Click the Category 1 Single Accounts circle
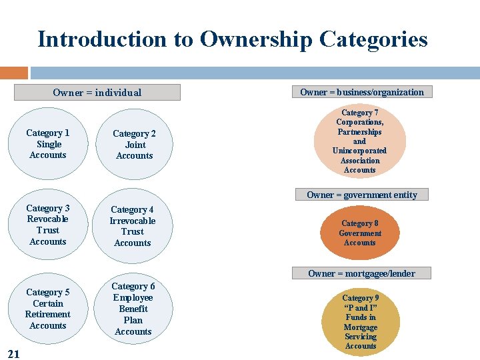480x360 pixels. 48,144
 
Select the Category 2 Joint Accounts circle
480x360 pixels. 134,145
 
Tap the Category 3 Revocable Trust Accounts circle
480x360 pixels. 48,225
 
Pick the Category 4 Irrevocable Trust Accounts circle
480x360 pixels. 133,226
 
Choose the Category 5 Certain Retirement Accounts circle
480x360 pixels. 48,309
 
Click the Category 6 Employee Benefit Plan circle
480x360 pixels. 133,309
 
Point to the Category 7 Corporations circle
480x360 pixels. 360,141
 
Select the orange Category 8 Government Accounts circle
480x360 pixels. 360,233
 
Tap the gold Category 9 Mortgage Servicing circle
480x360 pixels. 361,322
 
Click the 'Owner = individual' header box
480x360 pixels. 97,93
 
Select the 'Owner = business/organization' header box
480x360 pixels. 361,92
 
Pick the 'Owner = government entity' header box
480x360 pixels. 361,195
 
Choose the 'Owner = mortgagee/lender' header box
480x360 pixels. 361,273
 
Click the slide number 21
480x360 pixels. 13,353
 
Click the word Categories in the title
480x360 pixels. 373,39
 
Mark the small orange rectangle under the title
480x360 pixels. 14,73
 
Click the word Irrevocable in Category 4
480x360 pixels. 133,221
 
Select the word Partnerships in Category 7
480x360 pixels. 359,132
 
